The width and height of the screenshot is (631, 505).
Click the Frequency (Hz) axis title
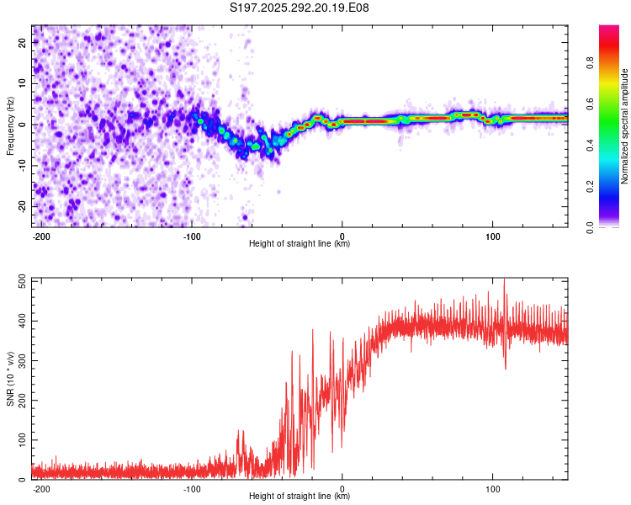(10, 126)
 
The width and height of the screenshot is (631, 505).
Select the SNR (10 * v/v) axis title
(10, 380)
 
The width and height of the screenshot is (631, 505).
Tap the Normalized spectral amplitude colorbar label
(624, 126)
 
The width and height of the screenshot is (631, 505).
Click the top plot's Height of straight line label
(300, 243)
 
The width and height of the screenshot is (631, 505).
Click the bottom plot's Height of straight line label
(300, 496)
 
